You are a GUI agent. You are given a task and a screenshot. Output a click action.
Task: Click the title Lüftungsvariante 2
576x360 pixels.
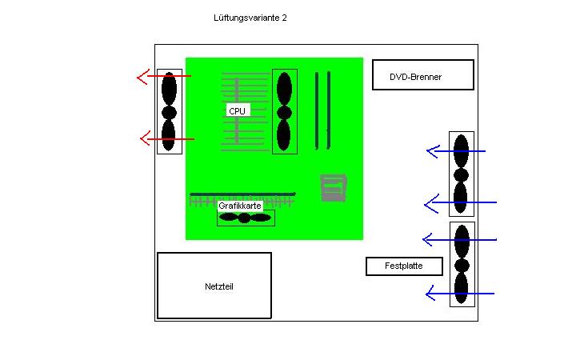[x=250, y=18]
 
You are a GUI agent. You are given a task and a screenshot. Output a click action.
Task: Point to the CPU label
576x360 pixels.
[x=238, y=110]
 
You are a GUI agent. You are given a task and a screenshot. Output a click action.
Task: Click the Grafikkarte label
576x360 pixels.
[x=240, y=206]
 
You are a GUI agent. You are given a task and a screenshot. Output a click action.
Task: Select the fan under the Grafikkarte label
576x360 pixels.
[x=246, y=218]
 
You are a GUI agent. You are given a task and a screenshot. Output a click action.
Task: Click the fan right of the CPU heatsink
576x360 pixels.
[x=284, y=111]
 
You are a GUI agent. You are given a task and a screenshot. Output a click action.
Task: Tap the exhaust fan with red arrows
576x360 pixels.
[x=170, y=111]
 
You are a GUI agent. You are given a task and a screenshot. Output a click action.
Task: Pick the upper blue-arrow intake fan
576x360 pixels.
[x=462, y=174]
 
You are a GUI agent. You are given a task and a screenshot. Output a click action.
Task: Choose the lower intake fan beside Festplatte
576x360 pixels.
[x=462, y=264]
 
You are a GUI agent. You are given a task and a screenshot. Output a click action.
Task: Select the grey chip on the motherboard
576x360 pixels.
[x=333, y=188]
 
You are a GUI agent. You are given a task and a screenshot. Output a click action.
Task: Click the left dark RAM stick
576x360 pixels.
[x=317, y=111]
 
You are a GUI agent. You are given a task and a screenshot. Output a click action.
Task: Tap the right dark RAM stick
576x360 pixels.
[x=329, y=110]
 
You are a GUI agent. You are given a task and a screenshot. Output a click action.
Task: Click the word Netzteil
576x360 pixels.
[x=219, y=286]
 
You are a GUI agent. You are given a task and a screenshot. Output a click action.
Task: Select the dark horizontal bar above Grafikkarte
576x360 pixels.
[x=242, y=194]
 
